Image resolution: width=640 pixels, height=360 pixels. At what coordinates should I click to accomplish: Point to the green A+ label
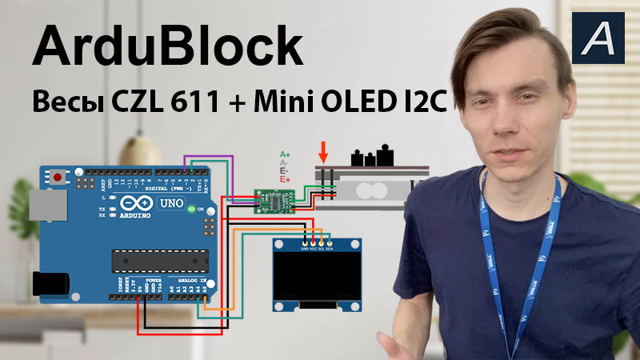[285, 154]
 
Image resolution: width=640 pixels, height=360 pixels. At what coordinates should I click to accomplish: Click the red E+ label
[285, 180]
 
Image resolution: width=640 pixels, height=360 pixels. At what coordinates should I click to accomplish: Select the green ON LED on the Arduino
[190, 210]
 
